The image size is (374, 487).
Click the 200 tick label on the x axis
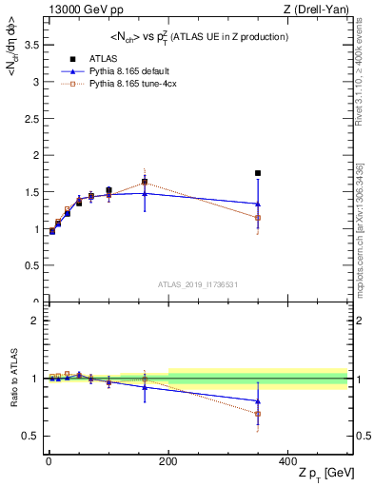coord(167,459)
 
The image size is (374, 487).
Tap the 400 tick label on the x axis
coord(287,459)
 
